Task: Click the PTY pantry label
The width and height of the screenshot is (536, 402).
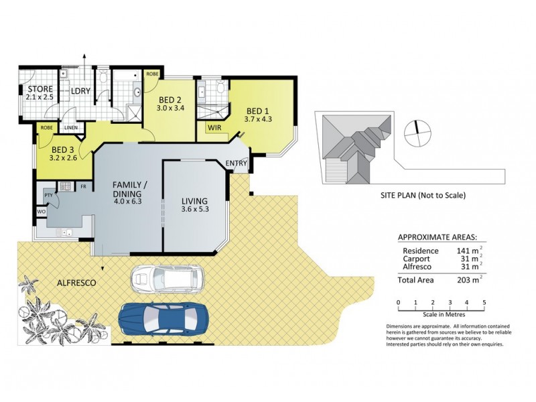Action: click(48, 194)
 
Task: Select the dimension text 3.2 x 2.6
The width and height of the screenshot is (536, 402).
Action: click(64, 159)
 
